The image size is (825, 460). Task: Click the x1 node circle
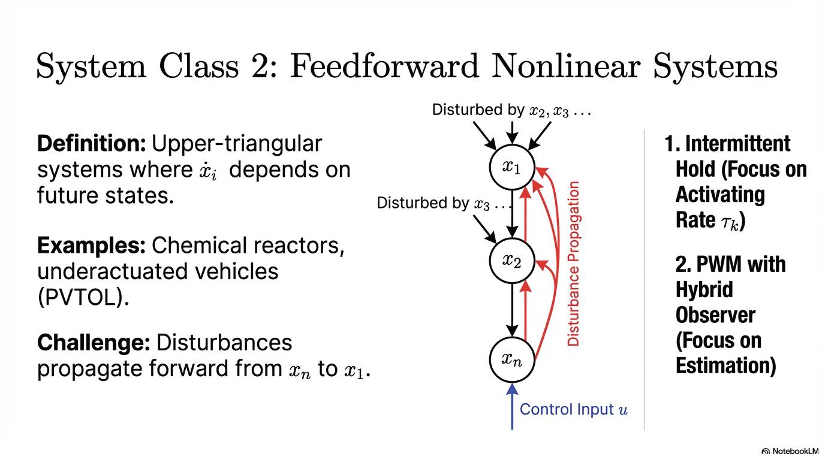(511, 167)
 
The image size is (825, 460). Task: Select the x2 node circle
(511, 261)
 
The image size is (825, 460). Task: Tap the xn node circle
(511, 359)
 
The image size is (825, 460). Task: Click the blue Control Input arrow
(511, 407)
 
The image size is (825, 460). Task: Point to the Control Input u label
(573, 409)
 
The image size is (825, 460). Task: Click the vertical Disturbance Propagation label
(574, 264)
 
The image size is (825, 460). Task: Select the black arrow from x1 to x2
(511, 213)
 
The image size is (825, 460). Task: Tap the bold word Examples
(91, 246)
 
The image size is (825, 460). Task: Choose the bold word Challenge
(93, 343)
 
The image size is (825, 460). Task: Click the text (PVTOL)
(83, 298)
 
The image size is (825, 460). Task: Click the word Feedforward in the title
(384, 66)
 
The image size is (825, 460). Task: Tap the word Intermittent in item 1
(737, 144)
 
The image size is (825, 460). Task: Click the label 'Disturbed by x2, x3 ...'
(511, 110)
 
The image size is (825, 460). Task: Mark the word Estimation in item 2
(725, 365)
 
